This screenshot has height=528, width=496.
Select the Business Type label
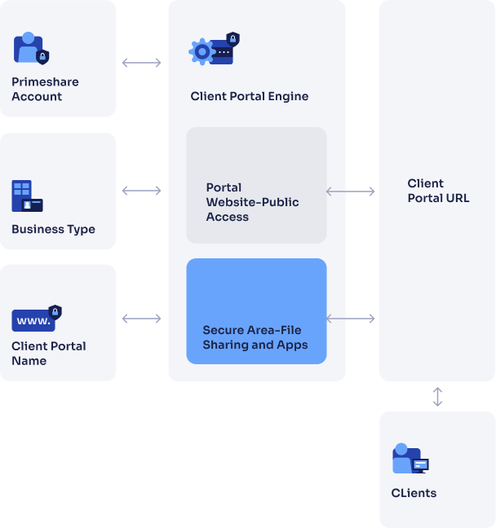(x=53, y=229)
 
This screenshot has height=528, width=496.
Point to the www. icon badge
(x=36, y=319)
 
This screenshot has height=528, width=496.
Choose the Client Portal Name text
(x=49, y=353)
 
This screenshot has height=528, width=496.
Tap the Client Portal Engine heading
(x=249, y=96)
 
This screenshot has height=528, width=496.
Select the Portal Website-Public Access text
(x=252, y=202)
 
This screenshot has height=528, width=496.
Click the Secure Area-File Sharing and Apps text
(x=255, y=337)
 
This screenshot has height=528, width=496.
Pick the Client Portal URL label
(x=438, y=191)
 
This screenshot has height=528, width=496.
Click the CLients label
(x=414, y=493)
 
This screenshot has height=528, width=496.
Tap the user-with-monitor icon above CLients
(x=410, y=459)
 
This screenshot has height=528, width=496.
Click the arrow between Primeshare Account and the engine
(x=142, y=63)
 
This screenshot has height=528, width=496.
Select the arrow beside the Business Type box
(x=142, y=191)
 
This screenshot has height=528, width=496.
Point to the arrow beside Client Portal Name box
(x=142, y=319)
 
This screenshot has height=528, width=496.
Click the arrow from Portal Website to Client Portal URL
(x=351, y=191)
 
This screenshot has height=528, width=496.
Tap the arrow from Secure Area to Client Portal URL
(x=351, y=319)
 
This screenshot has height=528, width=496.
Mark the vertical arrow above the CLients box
(x=438, y=397)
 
